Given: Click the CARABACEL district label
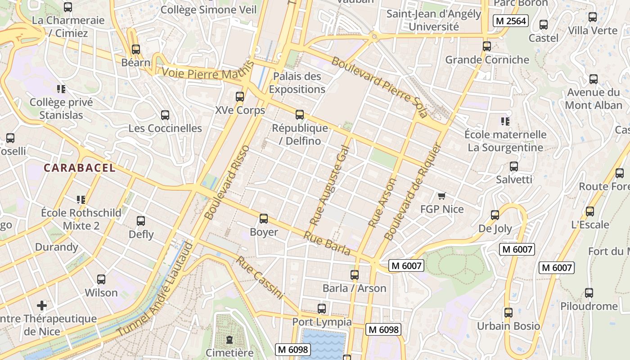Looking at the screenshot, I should (x=79, y=168).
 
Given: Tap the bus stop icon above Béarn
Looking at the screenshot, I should (x=136, y=49).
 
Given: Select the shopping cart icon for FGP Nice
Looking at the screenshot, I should (x=441, y=196).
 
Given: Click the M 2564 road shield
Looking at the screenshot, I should (x=510, y=21).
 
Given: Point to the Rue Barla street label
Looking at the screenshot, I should (x=326, y=243).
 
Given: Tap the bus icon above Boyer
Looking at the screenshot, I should (x=264, y=219).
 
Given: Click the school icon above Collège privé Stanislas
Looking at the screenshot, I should (x=61, y=89).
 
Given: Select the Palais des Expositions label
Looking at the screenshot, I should (x=297, y=83).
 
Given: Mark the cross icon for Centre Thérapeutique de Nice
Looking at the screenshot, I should (x=42, y=306).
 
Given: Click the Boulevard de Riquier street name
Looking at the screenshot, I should (x=411, y=192).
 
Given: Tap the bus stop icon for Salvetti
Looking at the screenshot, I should (x=514, y=166).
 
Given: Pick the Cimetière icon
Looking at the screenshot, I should (x=229, y=339).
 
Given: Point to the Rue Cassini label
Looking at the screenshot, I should (x=261, y=278).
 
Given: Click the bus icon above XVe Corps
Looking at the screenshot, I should (x=240, y=97).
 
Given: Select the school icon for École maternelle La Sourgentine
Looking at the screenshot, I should (x=505, y=121).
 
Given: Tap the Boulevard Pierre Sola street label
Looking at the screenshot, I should (x=379, y=87).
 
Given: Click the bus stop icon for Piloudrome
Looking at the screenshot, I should (x=589, y=293).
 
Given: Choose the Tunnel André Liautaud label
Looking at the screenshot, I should (x=156, y=289).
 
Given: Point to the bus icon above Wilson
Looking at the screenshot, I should (x=101, y=279).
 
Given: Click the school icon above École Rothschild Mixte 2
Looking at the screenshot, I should (x=81, y=199).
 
